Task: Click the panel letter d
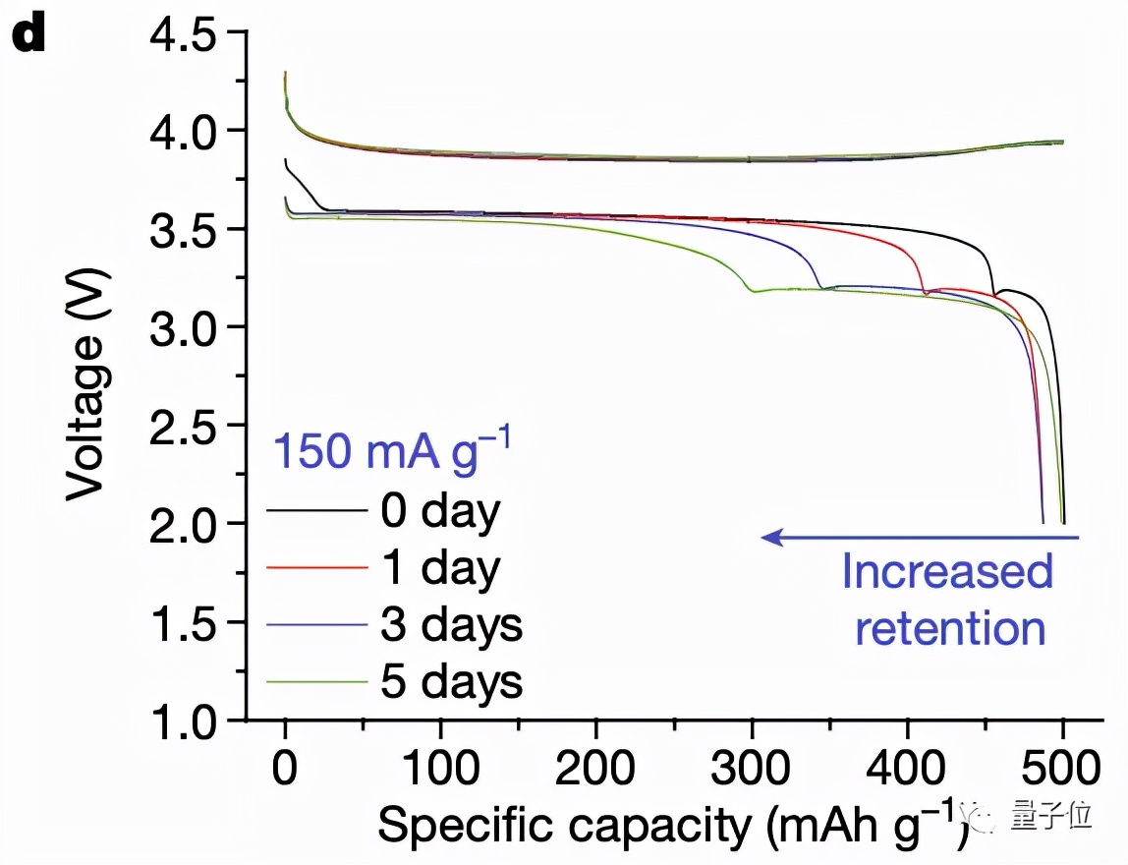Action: point(29,36)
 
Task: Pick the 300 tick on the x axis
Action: point(752,765)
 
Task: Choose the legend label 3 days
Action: point(451,624)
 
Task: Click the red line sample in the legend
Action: point(314,567)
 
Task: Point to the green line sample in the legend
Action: point(314,680)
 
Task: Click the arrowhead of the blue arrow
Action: point(771,537)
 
